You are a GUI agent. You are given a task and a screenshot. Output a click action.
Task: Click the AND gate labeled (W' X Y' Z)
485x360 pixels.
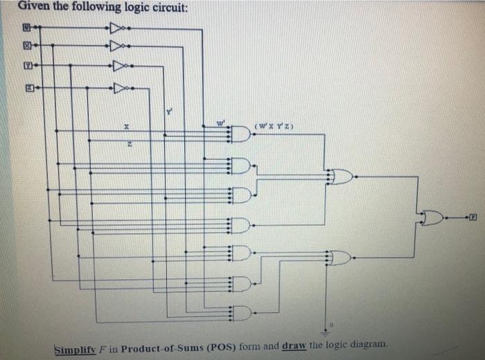pos(240,134)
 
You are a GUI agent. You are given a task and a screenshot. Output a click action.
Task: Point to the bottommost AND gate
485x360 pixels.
pos(240,313)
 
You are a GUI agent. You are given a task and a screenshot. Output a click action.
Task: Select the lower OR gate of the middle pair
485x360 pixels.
pos(340,258)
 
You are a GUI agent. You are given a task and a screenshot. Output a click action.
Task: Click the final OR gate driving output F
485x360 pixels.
pos(431,218)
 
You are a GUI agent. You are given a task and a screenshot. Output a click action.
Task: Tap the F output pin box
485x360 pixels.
pos(473,218)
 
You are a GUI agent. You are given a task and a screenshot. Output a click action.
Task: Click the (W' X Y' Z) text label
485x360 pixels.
pos(276,125)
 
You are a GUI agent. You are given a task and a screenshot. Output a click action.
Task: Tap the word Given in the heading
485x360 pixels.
pos(33,7)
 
